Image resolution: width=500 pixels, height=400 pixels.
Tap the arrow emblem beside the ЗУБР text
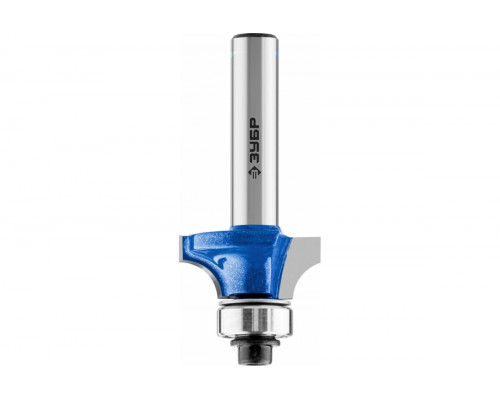[255, 172]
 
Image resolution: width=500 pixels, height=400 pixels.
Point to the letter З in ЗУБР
[255, 158]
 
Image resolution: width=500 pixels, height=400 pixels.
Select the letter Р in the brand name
[255, 123]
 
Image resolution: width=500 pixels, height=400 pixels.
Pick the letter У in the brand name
[255, 147]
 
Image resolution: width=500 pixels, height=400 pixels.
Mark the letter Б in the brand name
[255, 135]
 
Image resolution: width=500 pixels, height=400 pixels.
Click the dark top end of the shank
[255, 35]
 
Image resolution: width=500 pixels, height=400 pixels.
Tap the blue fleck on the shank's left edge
[232, 53]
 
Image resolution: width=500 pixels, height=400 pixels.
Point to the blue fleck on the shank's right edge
[278, 53]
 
